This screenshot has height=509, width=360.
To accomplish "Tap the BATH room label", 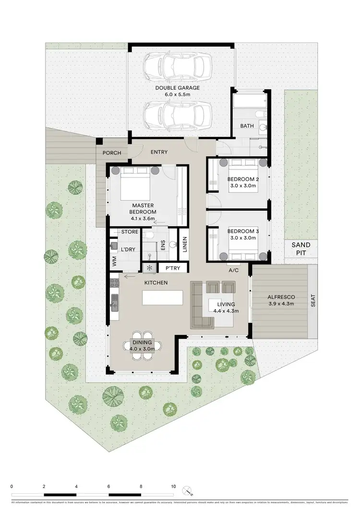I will (x=247, y=126).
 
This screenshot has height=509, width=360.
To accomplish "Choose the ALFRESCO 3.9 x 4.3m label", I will (x=280, y=300).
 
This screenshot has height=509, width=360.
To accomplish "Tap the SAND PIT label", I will (x=301, y=248).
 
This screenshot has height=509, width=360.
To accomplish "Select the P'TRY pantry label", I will (x=172, y=268).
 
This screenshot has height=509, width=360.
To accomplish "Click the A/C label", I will (x=234, y=270).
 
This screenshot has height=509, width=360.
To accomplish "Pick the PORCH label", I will (x=111, y=153).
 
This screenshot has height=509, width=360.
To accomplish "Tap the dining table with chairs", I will (x=143, y=343).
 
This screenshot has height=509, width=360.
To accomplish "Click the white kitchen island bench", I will (x=163, y=297).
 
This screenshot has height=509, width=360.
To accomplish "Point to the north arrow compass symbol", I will (x=188, y=490).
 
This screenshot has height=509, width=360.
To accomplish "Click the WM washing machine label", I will (x=114, y=261).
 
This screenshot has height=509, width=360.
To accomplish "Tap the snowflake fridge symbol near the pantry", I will (x=149, y=268).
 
